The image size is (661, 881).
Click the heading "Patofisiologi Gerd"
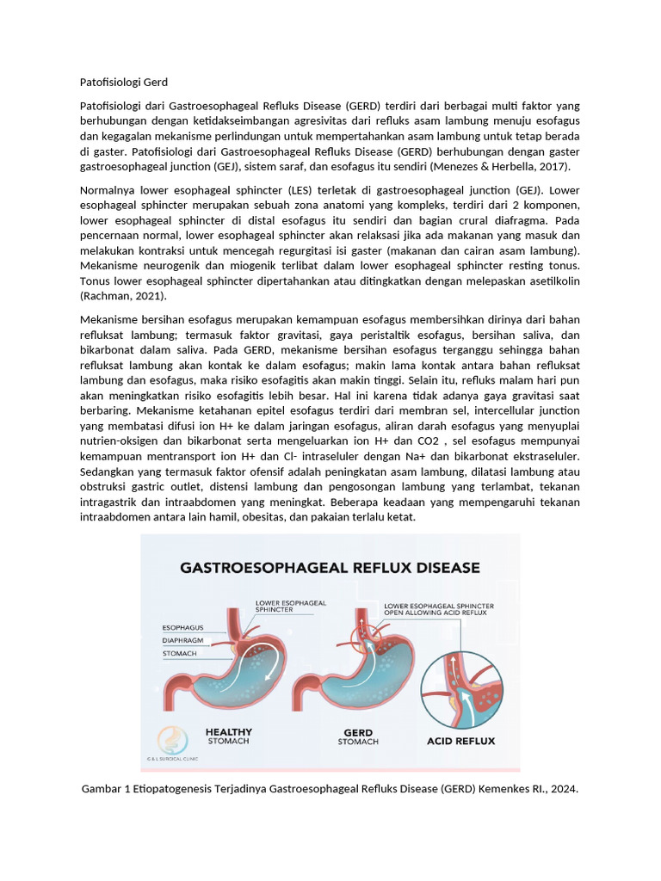coord(123,83)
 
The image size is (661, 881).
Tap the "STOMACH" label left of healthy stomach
coord(179,654)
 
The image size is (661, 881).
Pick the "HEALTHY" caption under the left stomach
coord(229,732)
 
